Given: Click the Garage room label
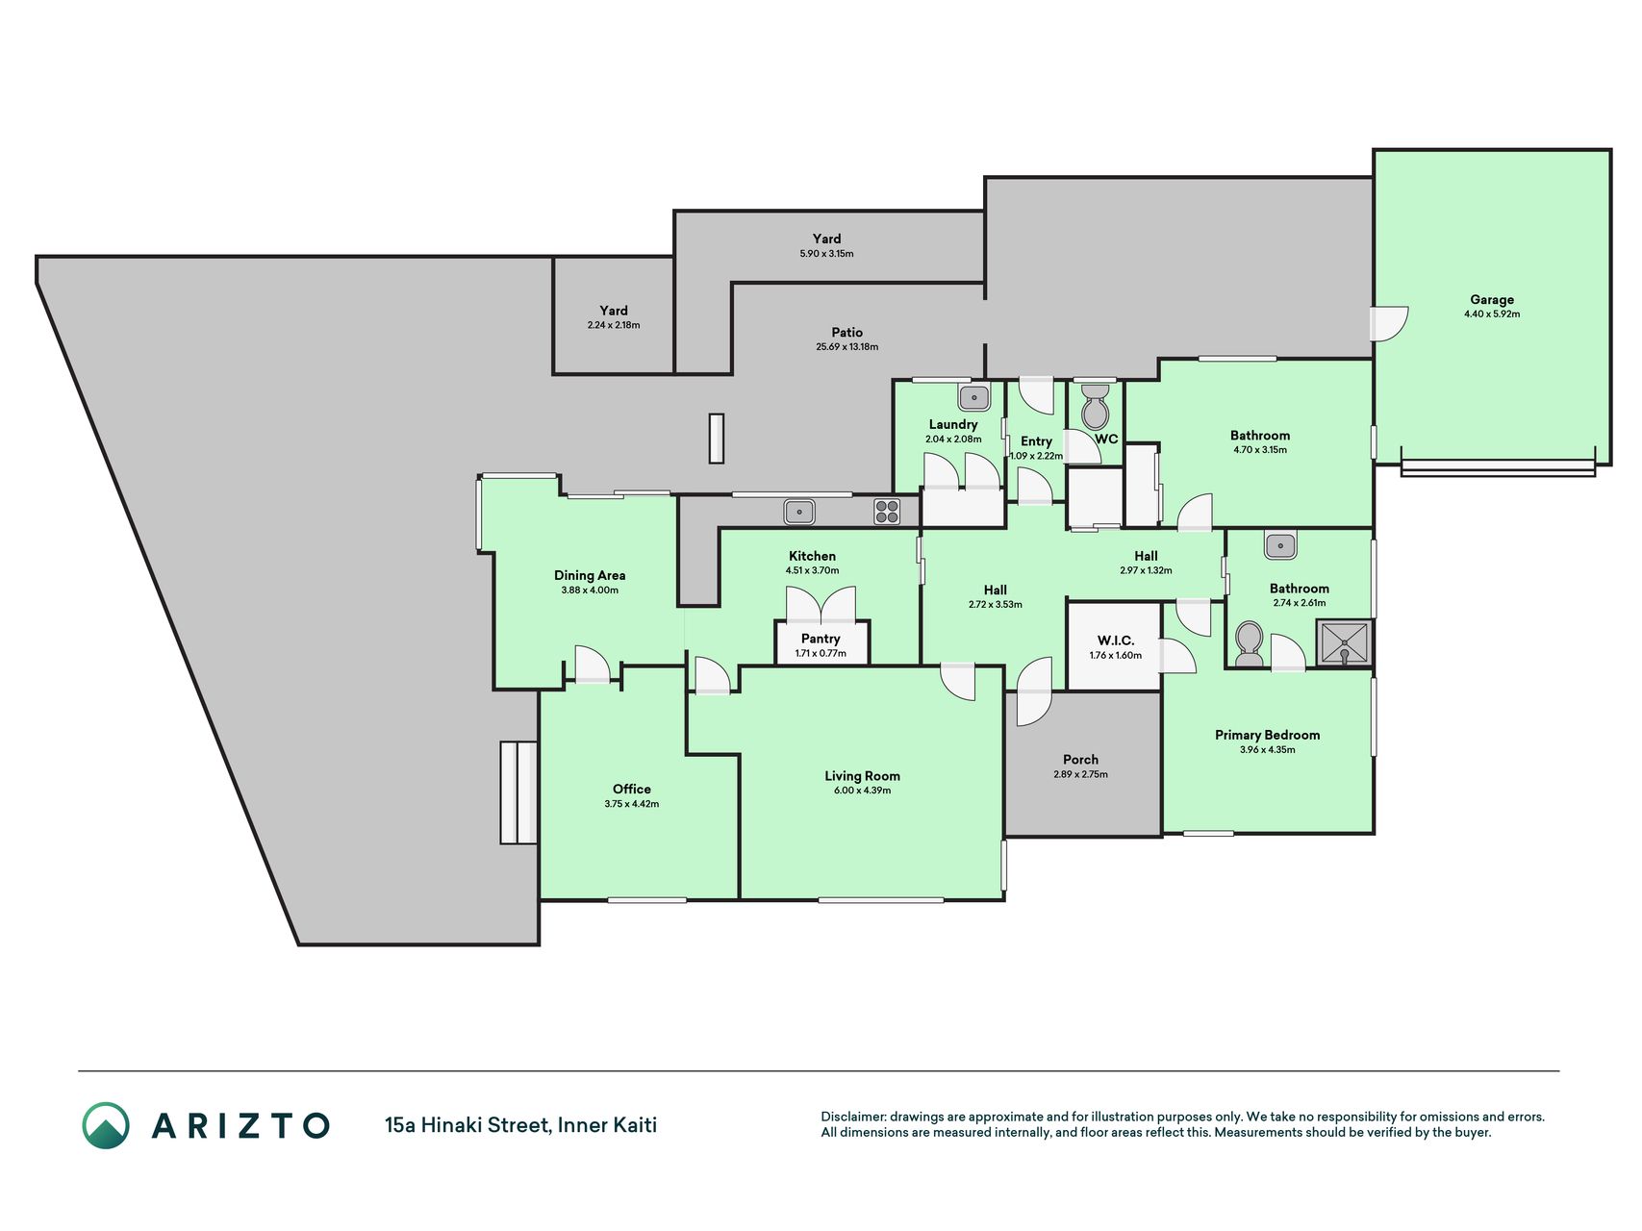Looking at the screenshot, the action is coord(1491,299).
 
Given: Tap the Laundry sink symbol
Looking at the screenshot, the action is coord(973,397).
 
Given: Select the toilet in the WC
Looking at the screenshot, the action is coord(1095,407).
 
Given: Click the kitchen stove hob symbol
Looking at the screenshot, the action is coord(887,512).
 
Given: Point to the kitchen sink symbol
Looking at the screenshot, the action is coord(798,512).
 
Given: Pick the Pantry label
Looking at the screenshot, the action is coord(821,639).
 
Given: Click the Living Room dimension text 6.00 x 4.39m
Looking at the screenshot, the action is coord(862,791).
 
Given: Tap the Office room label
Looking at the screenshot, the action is coord(632,789).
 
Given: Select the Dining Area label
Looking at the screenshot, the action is coord(590,575).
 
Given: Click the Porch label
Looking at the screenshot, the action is coord(1080,760).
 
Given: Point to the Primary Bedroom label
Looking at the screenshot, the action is coord(1267,735).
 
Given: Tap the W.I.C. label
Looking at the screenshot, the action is coord(1116,641).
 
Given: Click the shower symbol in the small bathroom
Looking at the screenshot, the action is coord(1344,643).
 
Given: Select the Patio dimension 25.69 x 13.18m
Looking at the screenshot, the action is coord(846,347).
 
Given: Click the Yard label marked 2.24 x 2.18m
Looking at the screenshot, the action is coord(614,311).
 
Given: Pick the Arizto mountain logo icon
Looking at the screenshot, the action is coord(106,1125).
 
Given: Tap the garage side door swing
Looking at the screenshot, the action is coord(1390,323).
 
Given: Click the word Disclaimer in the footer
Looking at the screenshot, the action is coord(852,1117).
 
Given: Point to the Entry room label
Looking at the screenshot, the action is coord(1036,441).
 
